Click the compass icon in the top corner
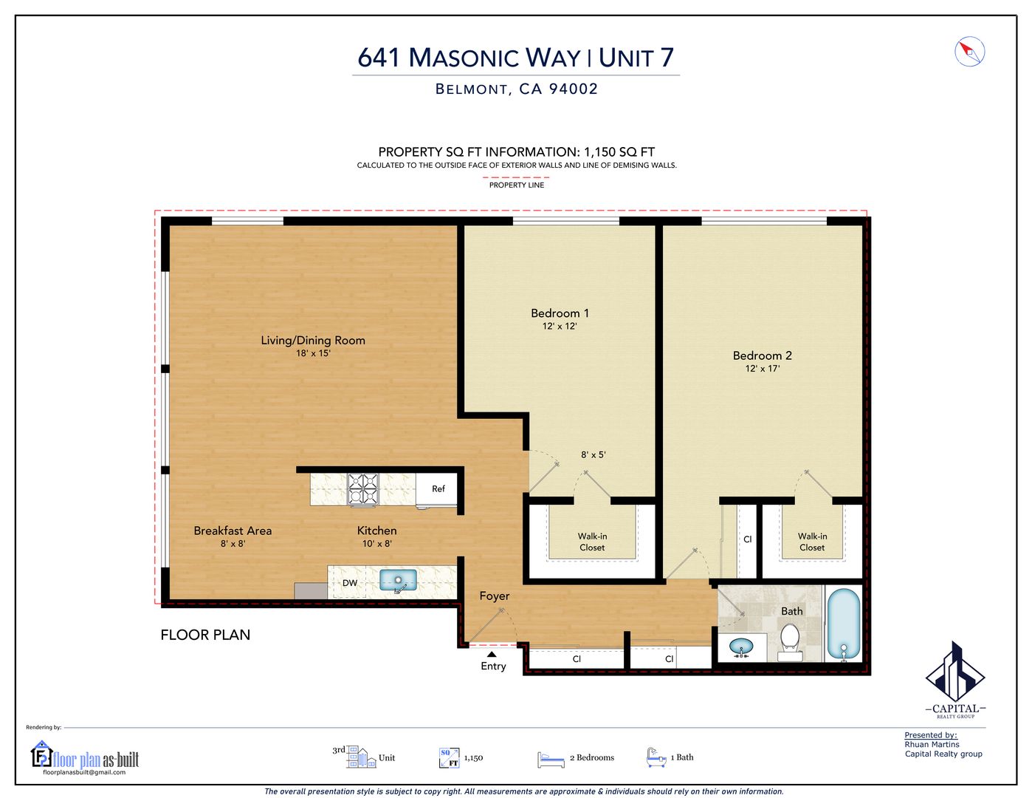point(969,52)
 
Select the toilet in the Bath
point(790,639)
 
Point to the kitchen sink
point(398,580)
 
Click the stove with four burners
point(362,489)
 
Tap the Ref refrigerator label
point(438,489)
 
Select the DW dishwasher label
point(350,583)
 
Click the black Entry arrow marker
point(492,654)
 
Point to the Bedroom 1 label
point(560,313)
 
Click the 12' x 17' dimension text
point(762,369)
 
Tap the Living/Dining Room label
point(313,341)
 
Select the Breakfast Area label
point(233,531)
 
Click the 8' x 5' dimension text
point(593,455)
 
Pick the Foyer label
point(494,596)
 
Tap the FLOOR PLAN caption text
point(205,635)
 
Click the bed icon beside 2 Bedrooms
point(551,759)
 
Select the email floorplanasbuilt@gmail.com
point(84,772)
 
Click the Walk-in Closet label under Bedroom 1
point(592,542)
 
